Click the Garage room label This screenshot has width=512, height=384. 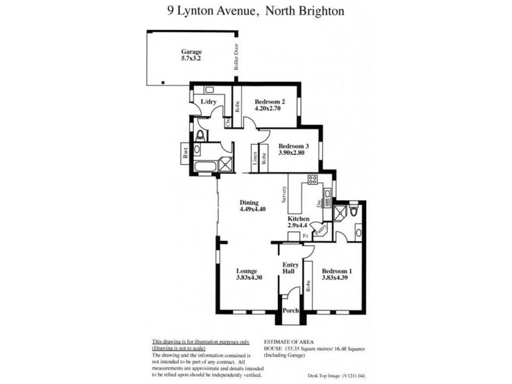(191, 52)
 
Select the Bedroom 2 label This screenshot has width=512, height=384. (269, 102)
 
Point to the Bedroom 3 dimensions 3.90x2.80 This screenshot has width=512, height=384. (294, 153)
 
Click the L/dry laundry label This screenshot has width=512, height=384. (208, 102)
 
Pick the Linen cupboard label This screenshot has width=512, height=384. (255, 160)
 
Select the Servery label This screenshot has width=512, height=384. (282, 194)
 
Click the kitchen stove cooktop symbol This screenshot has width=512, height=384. (313, 180)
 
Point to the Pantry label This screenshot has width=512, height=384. (323, 227)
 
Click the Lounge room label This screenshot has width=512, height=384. (246, 271)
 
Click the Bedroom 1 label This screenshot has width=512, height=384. (337, 271)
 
